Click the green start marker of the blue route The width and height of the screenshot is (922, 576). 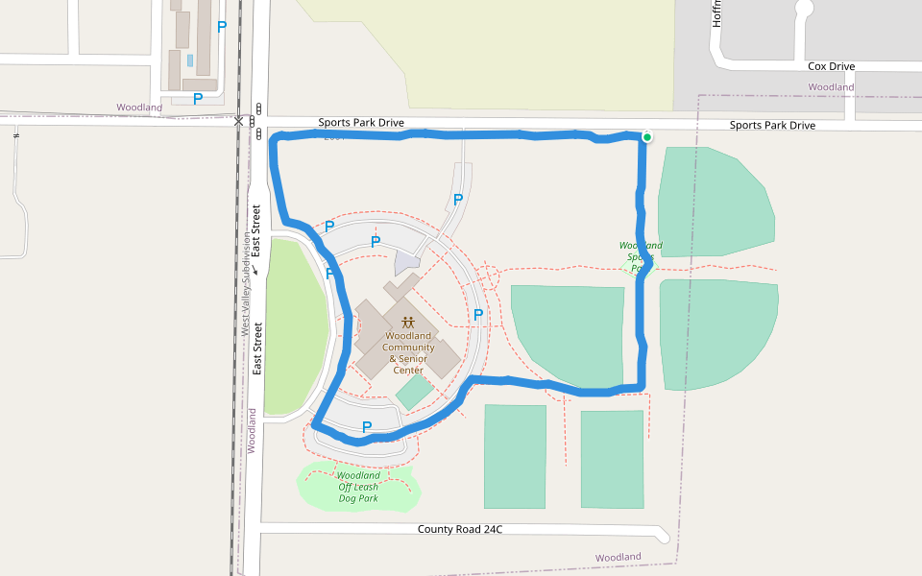click(x=647, y=137)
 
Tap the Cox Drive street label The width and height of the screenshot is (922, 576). click(x=831, y=66)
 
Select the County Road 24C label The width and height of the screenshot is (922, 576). click(x=460, y=529)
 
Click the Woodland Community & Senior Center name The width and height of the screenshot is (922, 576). click(x=408, y=353)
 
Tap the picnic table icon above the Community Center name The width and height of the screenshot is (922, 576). click(x=408, y=323)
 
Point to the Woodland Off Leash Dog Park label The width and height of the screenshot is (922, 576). click(x=358, y=487)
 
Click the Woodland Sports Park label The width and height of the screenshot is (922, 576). click(x=641, y=256)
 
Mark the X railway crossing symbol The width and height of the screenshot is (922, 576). click(x=238, y=121)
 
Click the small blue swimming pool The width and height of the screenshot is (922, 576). click(x=190, y=60)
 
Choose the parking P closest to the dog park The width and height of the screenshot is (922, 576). click(x=366, y=426)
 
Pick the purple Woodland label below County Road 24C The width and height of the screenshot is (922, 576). click(x=618, y=557)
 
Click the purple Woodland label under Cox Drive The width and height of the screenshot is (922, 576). click(x=831, y=87)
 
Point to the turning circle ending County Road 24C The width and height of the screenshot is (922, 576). click(x=664, y=534)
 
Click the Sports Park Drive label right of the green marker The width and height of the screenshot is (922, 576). click(x=772, y=126)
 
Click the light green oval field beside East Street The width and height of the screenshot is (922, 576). click(x=296, y=326)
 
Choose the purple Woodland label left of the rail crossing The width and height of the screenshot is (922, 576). click(x=139, y=108)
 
